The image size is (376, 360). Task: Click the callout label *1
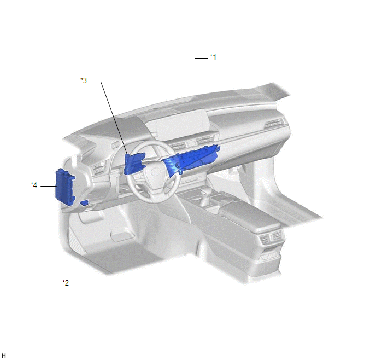pyautogui.click(x=213, y=57)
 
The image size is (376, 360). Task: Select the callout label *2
pyautogui.click(x=66, y=283)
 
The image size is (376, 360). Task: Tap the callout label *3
pyautogui.click(x=84, y=80)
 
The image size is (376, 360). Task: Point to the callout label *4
pyautogui.click(x=34, y=185)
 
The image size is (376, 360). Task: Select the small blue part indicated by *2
pyautogui.click(x=84, y=203)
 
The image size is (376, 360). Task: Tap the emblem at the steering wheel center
pyautogui.click(x=155, y=172)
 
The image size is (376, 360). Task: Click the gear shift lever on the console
pyautogui.click(x=205, y=196)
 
